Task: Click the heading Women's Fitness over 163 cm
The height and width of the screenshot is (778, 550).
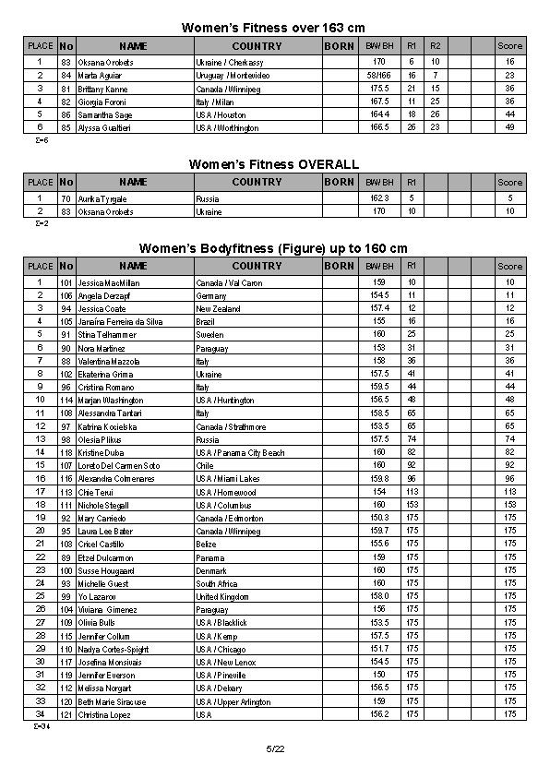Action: pos(274,28)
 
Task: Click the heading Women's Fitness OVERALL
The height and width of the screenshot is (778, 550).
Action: pos(274,163)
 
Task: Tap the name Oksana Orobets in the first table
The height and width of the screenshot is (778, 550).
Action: pos(105,62)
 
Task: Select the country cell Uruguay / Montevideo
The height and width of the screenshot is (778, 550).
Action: pos(227,75)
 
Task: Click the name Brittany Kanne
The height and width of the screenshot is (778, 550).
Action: pos(102,89)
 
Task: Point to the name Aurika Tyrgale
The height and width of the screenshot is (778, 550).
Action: pos(102,199)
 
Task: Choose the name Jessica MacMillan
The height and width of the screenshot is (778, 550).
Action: pos(107,282)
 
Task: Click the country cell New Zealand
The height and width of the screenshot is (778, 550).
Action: pos(217,308)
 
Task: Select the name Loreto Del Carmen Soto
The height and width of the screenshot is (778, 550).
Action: pos(118,465)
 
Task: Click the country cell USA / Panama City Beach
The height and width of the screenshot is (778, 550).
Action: pos(239,452)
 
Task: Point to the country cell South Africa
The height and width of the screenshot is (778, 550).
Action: pos(217,584)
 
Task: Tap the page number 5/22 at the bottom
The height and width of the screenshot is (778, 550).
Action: pos(274,748)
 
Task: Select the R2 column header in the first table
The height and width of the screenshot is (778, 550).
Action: pos(436,45)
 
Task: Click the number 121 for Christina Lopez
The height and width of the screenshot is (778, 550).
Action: pos(66,714)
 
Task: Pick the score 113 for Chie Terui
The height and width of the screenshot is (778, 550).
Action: pos(509,492)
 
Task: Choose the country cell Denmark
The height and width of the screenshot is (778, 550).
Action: pos(211,570)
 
